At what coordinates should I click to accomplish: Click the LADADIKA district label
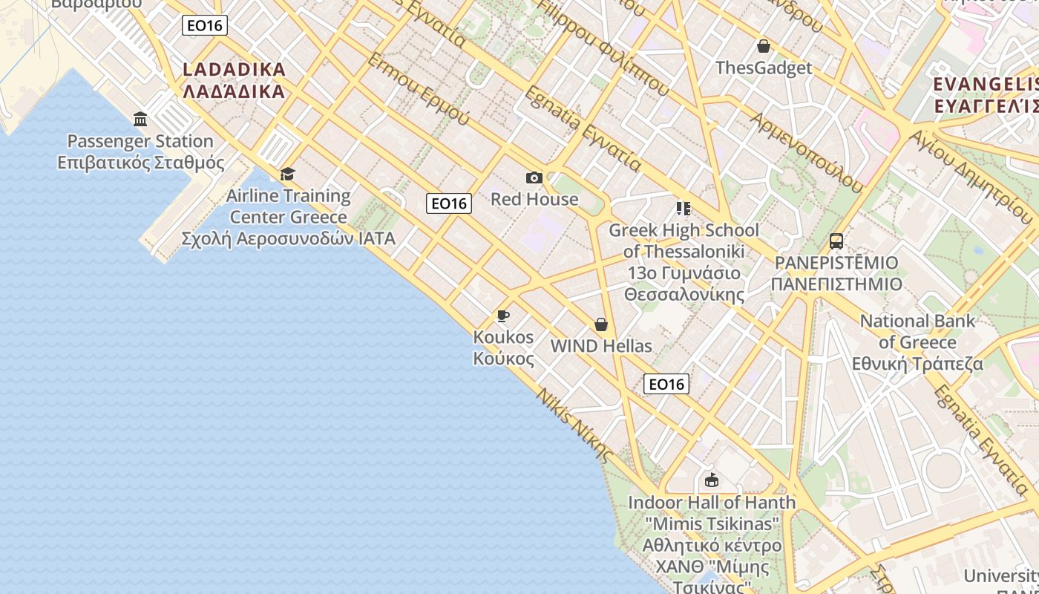(x=234, y=80)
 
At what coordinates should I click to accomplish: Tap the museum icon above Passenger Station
(x=140, y=119)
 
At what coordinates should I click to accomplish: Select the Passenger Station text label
(x=140, y=151)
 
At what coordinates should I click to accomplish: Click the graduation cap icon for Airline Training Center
(x=287, y=174)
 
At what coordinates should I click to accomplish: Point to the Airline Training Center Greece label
(x=289, y=218)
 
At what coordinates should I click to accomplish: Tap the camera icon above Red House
(x=534, y=177)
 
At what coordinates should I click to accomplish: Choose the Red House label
(x=534, y=199)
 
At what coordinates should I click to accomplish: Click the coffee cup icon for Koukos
(x=503, y=316)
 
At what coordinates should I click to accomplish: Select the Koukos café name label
(x=503, y=347)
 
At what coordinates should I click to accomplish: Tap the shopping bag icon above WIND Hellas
(x=601, y=324)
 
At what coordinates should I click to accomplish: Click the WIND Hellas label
(x=601, y=346)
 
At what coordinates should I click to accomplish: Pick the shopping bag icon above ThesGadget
(x=764, y=46)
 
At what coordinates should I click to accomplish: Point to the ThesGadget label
(x=764, y=68)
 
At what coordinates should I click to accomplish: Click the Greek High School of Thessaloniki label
(x=684, y=262)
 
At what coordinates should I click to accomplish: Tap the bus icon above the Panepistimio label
(x=836, y=241)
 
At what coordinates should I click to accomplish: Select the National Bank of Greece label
(x=917, y=342)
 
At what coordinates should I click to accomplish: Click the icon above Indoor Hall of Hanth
(x=712, y=480)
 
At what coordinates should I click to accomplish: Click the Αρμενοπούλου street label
(x=807, y=152)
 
